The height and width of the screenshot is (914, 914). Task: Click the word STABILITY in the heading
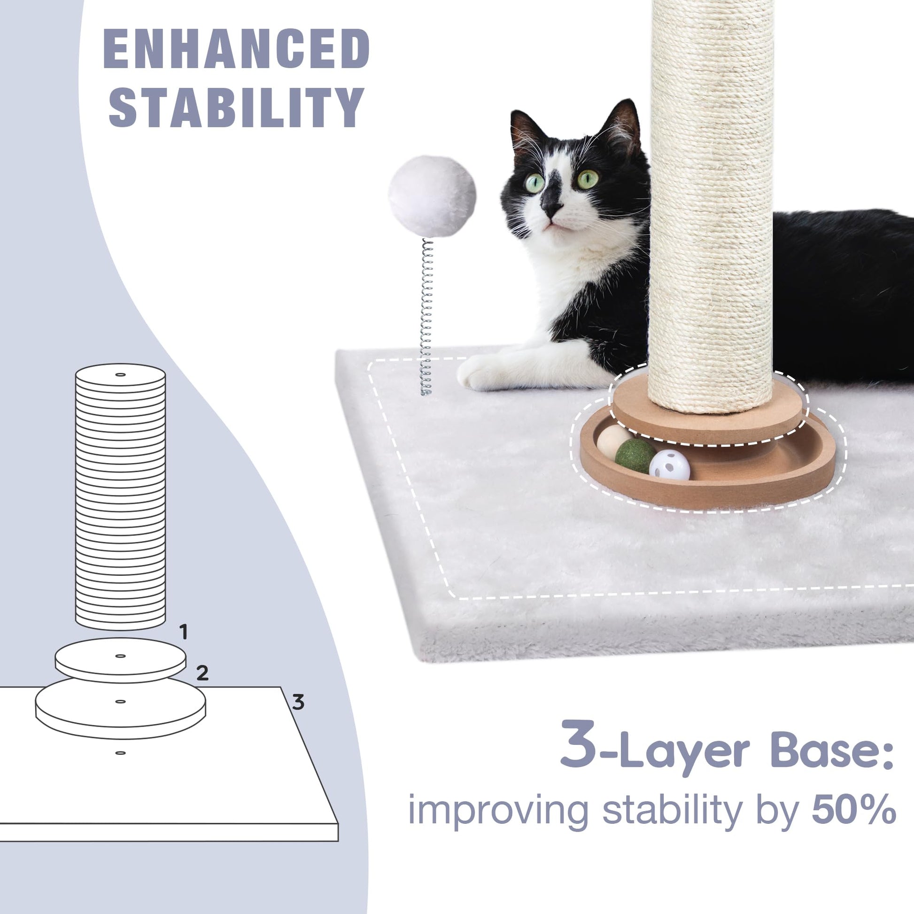[237, 108]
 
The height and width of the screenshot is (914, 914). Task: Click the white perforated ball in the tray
[669, 465]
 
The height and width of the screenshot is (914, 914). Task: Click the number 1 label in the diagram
[184, 632]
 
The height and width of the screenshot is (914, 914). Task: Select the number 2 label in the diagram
[202, 672]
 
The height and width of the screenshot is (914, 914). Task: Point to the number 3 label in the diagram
[298, 702]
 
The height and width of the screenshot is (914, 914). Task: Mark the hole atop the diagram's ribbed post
[121, 375]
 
